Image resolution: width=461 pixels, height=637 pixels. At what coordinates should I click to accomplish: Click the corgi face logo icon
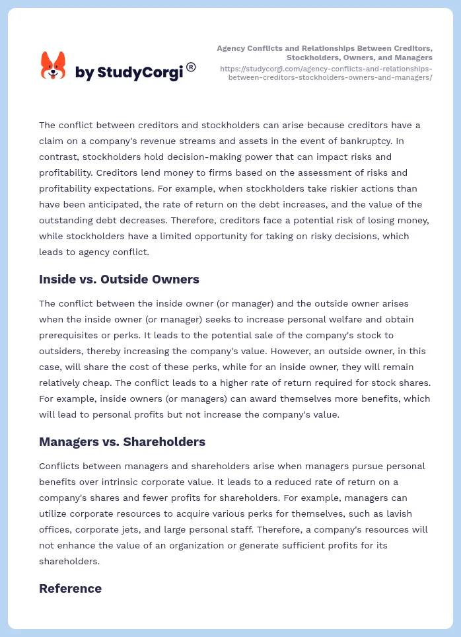click(x=53, y=65)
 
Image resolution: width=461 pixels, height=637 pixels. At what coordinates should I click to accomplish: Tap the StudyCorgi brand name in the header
click(x=129, y=73)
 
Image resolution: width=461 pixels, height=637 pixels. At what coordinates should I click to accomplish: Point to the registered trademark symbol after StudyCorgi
click(x=191, y=67)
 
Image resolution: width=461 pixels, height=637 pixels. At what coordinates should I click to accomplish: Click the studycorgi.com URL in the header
click(x=326, y=73)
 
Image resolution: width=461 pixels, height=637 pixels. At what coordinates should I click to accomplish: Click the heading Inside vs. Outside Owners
click(x=119, y=280)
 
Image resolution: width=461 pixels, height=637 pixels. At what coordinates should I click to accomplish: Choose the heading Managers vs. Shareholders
click(x=122, y=442)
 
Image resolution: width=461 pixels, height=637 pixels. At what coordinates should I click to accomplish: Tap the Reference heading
click(x=70, y=589)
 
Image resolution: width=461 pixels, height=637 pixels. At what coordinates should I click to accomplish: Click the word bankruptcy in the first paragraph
click(x=362, y=141)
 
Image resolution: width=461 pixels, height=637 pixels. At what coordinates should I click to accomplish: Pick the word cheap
click(x=111, y=383)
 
